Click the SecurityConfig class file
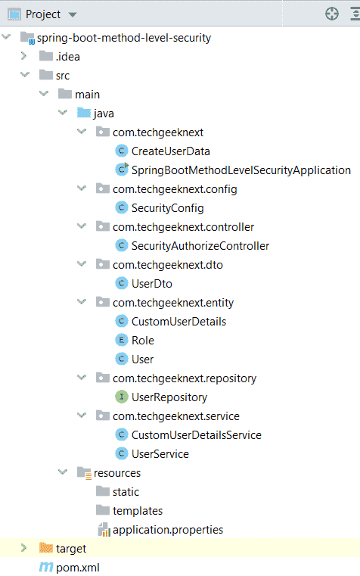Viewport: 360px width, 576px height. pos(167,208)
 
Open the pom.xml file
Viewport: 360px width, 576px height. pos(78,568)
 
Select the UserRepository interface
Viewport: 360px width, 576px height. pos(169,397)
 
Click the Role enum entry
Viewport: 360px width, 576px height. pos(143,340)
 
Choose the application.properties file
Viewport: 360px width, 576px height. pos(168,530)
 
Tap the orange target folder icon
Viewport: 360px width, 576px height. pos(46,548)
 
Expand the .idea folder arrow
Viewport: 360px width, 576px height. pos(24,56)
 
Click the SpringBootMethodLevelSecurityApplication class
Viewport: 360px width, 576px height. pos(241,170)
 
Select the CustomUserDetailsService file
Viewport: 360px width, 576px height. pos(197,435)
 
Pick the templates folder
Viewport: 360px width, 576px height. pos(138,511)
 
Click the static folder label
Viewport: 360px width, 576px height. pos(126,491)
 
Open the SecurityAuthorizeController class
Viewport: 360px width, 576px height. pos(200,246)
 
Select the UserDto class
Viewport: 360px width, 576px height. pos(152,284)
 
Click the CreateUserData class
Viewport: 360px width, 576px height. pos(171,151)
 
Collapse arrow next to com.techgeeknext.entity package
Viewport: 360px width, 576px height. pos(82,301)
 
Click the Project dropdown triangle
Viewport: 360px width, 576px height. pos(73,14)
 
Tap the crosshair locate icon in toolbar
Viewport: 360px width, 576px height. pos(332,14)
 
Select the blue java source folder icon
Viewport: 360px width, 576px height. pos(84,113)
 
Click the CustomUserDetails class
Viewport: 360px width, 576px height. pos(178,322)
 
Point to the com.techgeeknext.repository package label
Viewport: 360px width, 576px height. pos(185,378)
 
